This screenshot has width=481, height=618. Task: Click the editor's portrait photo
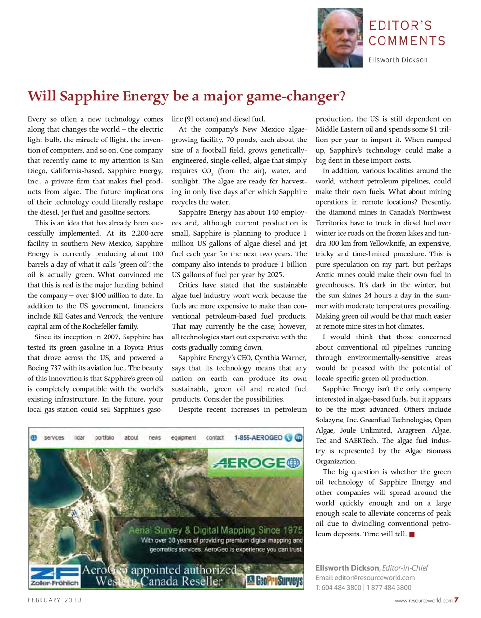(340, 38)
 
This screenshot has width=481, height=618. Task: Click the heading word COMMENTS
(407, 42)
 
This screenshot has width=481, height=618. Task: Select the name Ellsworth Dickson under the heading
(398, 60)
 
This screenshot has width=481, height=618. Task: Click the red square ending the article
(412, 534)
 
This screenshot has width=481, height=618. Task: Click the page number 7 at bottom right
(456, 600)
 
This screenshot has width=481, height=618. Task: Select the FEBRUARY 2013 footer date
(55, 600)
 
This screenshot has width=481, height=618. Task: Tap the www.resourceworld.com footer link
(423, 601)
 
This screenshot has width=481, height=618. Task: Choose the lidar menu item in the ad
(80, 438)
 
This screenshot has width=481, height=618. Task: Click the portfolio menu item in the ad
(105, 438)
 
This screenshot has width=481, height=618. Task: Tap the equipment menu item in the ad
(183, 438)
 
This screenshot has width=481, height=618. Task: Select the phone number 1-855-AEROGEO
(258, 438)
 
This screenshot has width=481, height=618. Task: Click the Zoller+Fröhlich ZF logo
(54, 576)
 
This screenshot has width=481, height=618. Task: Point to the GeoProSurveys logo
(275, 580)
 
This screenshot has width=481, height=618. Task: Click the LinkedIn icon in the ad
(299, 438)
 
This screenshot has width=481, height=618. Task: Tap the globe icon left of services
(34, 438)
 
